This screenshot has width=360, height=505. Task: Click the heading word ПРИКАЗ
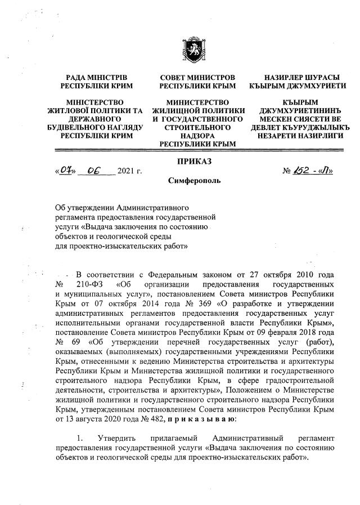(x=194, y=162)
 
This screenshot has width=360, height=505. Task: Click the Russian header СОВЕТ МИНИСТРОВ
(x=197, y=77)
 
